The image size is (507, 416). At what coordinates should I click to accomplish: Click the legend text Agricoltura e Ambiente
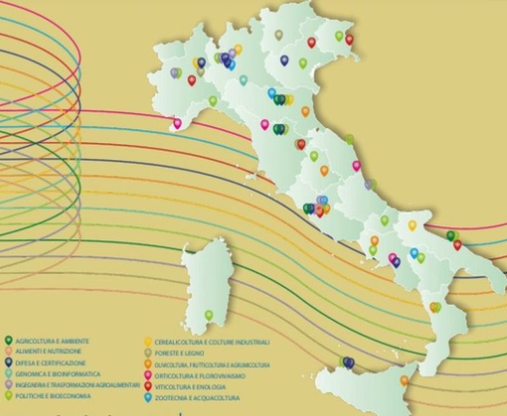pos(51,341)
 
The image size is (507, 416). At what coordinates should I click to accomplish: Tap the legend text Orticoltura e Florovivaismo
pos(197,376)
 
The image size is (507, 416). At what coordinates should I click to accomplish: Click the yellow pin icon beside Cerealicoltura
pos(148,342)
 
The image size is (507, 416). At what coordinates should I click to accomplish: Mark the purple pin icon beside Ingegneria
pos(9,384)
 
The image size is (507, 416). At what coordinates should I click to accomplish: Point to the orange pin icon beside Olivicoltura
pos(148,364)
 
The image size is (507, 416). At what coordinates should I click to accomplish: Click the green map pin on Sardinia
pos(209,315)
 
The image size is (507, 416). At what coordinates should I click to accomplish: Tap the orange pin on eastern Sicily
pos(404,380)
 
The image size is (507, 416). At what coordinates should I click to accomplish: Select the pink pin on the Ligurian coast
pos(177,122)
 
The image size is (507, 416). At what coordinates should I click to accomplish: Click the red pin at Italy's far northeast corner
pos(349,39)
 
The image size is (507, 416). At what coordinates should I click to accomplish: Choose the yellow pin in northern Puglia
pos(412,225)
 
